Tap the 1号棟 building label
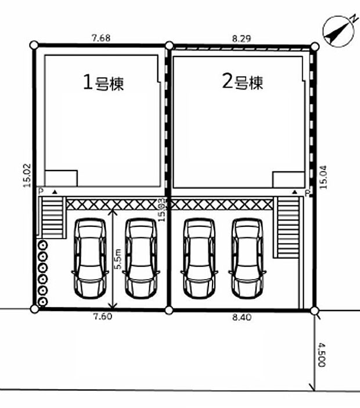point(102,83)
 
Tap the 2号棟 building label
point(243,82)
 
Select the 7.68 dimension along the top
point(101,38)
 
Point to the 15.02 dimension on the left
point(27,174)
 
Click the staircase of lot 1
point(51,218)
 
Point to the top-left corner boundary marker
point(34,45)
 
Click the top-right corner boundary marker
point(314,46)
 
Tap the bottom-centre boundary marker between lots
point(169,310)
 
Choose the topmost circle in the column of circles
point(42,245)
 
